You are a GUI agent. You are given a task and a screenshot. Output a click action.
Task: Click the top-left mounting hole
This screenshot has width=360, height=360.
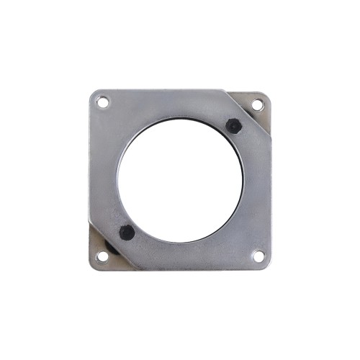103,102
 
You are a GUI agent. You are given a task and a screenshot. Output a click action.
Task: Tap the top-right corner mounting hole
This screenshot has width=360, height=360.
258,105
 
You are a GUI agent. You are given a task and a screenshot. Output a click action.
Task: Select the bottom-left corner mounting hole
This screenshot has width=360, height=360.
102,256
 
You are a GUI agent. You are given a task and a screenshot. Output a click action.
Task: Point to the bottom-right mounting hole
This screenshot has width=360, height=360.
258,256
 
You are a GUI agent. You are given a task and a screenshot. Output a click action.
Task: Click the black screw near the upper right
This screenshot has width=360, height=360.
233,125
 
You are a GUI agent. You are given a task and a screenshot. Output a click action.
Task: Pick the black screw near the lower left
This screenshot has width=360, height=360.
127,232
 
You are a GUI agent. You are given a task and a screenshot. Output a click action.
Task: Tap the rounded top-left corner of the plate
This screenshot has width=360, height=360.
94,94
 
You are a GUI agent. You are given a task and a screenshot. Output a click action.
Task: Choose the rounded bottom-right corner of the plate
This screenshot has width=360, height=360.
266,265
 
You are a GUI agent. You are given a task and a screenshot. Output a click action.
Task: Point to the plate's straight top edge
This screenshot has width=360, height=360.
158,90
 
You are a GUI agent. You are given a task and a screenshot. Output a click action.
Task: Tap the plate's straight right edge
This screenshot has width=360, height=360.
270,202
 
